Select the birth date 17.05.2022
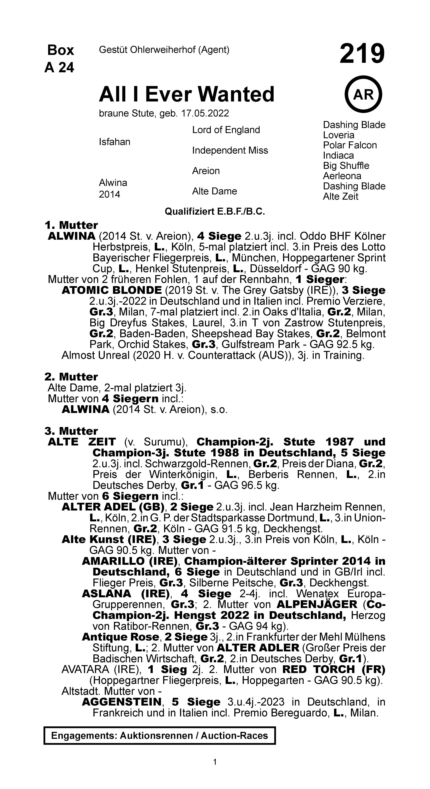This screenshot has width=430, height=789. pyautogui.click(x=205, y=114)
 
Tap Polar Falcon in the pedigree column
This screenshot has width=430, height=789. pyautogui.click(x=350, y=145)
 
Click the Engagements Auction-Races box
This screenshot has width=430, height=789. pyautogui.click(x=160, y=735)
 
